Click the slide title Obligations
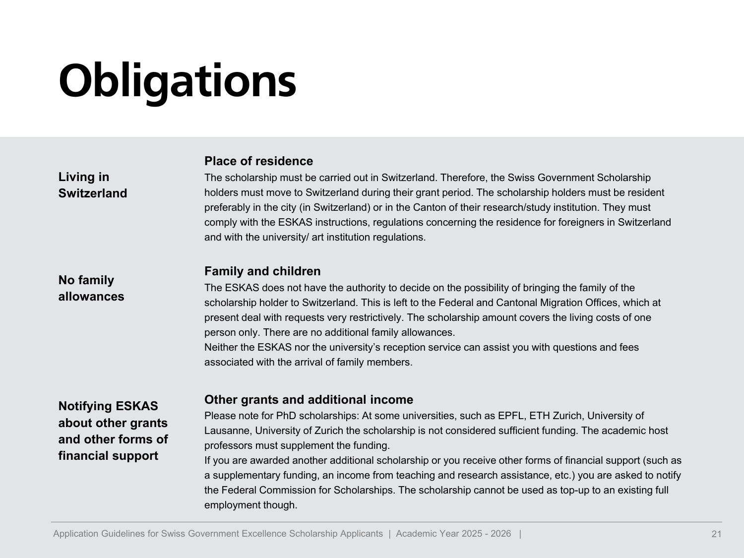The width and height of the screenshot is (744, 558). coord(177,81)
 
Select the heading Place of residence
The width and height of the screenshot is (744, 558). coord(258,161)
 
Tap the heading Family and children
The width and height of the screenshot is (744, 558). coord(262,271)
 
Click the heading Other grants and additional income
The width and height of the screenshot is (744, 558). coord(309,400)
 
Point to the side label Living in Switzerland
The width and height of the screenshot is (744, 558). coord(92,185)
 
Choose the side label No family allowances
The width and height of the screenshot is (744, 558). coord(91,288)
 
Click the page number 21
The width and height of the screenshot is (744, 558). coord(716,534)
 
